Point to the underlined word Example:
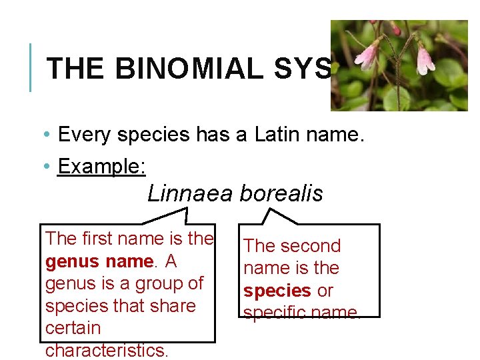(101, 167)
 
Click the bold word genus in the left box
(71, 261)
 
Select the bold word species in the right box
(277, 291)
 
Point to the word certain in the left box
(73, 329)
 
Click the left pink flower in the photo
(366, 55)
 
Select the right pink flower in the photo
(425, 60)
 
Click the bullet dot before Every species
(50, 135)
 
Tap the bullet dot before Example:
(50, 167)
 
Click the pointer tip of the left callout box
(186, 209)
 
